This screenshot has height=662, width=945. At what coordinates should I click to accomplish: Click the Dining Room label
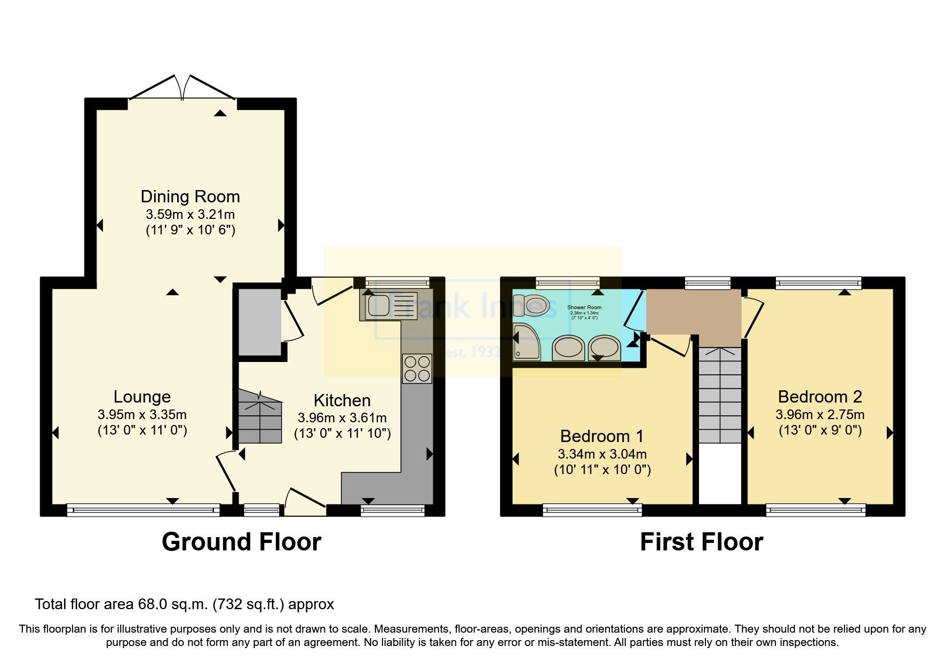(190, 196)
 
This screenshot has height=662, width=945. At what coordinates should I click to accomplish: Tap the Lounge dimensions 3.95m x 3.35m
(142, 414)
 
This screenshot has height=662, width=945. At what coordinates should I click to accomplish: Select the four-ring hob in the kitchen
(417, 368)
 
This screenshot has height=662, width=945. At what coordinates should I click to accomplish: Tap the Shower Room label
(584, 308)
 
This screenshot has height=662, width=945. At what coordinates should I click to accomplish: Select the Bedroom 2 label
(820, 397)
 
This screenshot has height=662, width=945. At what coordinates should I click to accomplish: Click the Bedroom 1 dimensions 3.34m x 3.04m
(602, 454)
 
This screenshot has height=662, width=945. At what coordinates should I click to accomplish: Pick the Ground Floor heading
(241, 542)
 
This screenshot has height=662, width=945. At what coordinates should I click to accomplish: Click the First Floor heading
(701, 542)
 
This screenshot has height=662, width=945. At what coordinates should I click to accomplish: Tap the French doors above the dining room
(182, 88)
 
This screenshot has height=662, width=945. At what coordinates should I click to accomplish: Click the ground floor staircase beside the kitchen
(259, 416)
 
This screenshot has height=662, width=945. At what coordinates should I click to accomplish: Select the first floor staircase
(720, 395)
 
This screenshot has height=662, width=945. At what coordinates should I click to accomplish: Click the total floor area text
(184, 604)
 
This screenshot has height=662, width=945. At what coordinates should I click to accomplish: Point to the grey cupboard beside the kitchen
(259, 321)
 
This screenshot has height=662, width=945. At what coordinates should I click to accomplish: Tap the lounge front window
(143, 510)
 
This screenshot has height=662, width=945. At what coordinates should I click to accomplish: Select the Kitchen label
(342, 400)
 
